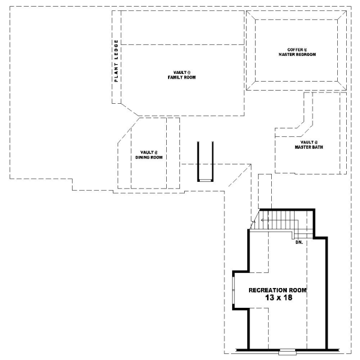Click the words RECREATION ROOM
tap(277, 290)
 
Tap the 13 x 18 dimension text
tap(277, 297)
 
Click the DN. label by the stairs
tap(299, 242)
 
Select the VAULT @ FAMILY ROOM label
tap(182, 75)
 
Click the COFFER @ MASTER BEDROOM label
tap(297, 52)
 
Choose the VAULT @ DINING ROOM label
tap(148, 155)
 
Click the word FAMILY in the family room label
tap(177, 78)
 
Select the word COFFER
tap(295, 49)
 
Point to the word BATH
tap(317, 146)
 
